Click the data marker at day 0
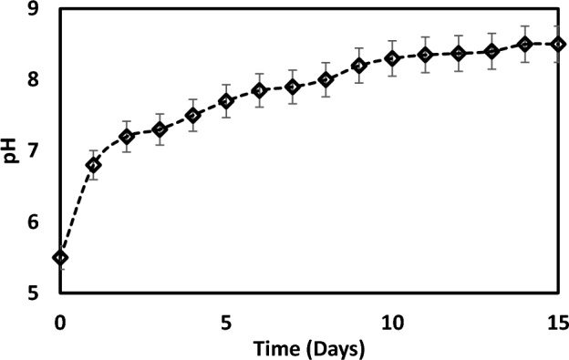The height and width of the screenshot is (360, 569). (x=60, y=257)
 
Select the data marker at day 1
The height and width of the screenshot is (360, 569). (x=93, y=165)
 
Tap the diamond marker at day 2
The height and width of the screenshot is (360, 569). (x=127, y=137)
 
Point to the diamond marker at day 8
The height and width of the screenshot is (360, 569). (x=326, y=79)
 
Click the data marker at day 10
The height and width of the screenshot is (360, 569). (x=392, y=58)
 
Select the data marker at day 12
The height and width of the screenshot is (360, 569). (x=459, y=53)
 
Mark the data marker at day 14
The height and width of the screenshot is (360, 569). (x=525, y=44)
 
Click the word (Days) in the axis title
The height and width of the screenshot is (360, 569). (x=332, y=347)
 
